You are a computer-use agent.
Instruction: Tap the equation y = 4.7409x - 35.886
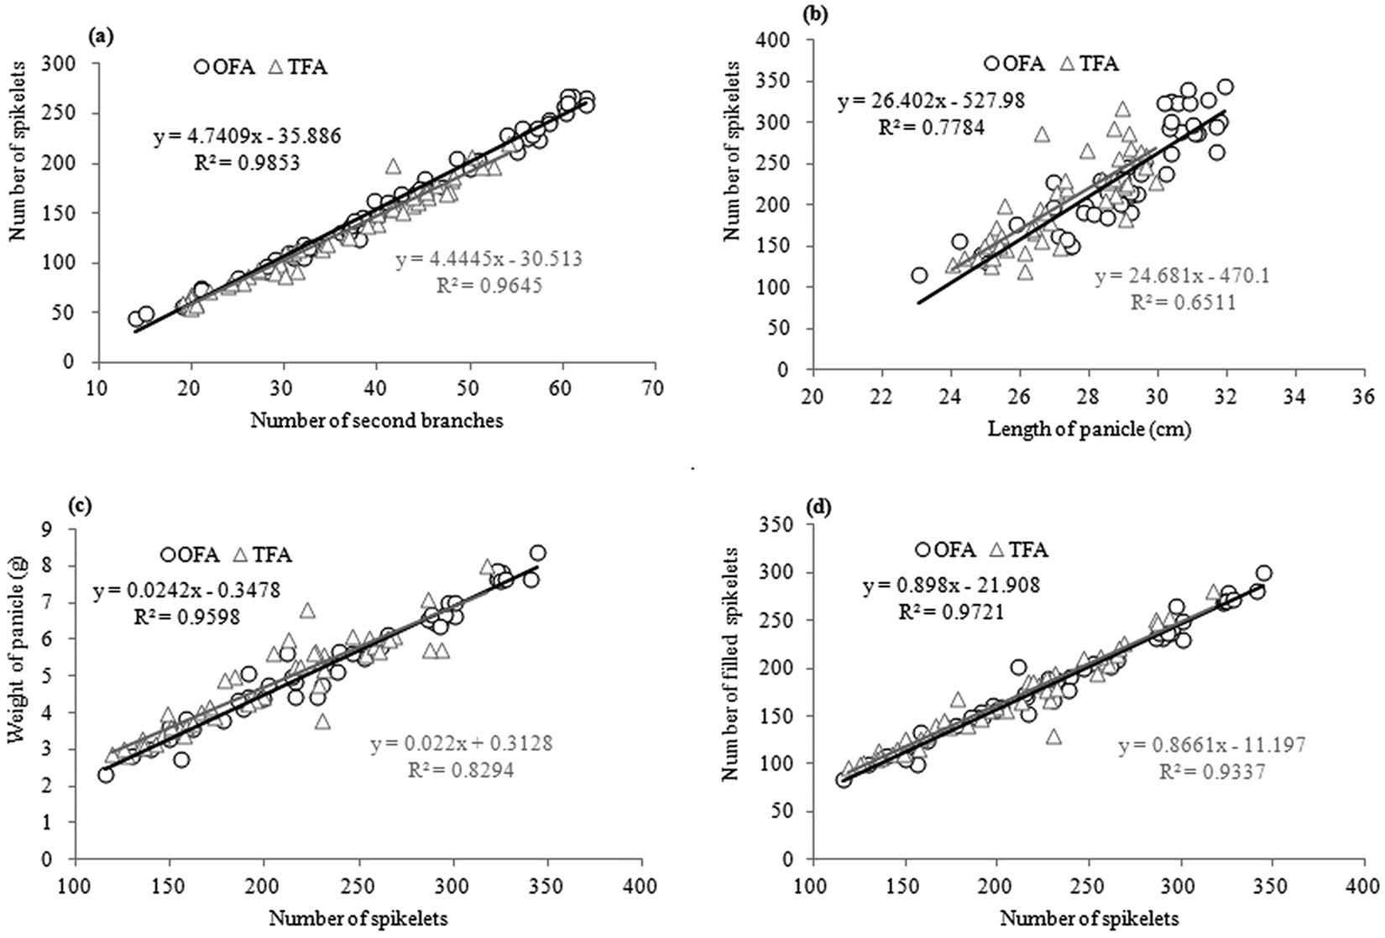(234, 136)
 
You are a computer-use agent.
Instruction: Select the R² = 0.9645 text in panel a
(489, 285)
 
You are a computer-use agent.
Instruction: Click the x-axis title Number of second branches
(377, 421)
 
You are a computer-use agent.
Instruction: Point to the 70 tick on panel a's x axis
(655, 388)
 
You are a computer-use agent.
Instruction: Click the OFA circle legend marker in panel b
(992, 63)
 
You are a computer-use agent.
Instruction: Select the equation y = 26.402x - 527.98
(931, 102)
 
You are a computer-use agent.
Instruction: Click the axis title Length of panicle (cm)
(1090, 430)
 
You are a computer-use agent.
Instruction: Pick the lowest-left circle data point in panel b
(919, 275)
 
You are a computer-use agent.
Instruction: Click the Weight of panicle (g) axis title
(18, 661)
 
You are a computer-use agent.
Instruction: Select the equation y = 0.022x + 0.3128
(461, 743)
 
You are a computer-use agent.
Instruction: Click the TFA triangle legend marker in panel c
(240, 555)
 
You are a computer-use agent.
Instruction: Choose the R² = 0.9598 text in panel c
(186, 617)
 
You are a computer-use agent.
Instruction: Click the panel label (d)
(813, 508)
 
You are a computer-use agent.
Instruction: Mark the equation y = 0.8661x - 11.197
(1211, 746)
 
